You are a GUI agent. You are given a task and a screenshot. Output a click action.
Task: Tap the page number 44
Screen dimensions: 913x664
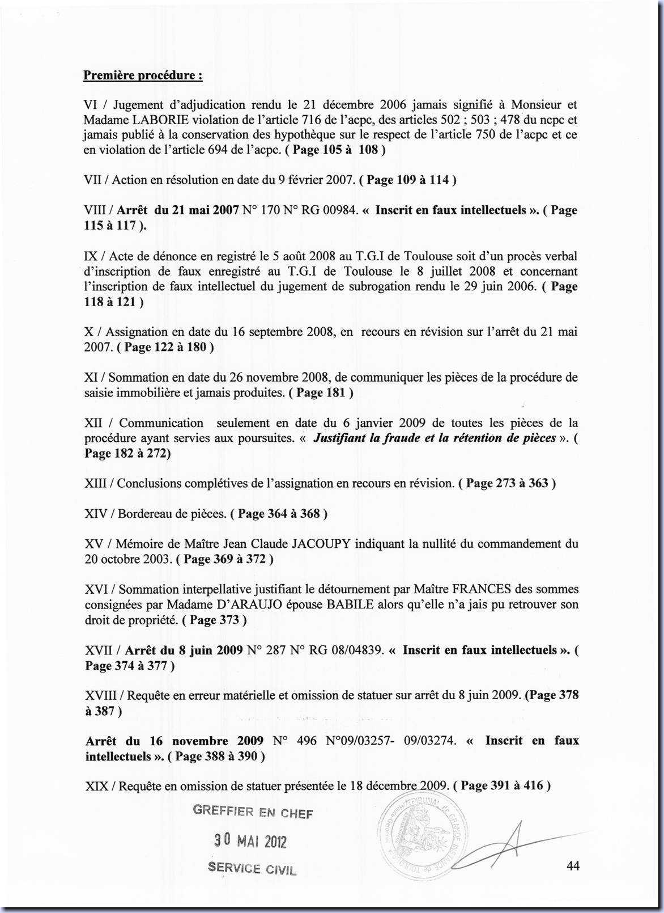pyautogui.click(x=572, y=865)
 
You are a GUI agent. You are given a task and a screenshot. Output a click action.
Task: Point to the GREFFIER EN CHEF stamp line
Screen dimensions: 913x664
pyautogui.click(x=253, y=811)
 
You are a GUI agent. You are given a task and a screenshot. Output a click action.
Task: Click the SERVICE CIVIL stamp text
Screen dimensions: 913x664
pyautogui.click(x=252, y=868)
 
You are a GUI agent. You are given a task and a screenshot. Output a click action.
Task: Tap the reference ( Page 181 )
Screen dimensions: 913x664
pyautogui.click(x=321, y=392)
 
